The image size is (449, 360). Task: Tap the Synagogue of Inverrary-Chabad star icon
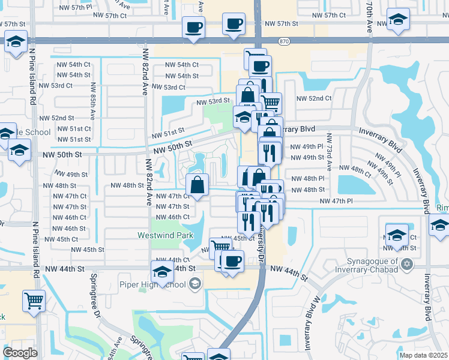click(x=406, y=264)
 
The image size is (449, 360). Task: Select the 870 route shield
click(x=285, y=41)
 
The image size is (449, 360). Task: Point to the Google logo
click(x=20, y=353)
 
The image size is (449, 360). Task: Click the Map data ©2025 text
click(x=424, y=355)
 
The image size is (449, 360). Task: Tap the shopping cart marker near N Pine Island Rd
click(x=34, y=301)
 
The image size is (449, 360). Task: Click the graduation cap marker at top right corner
click(x=398, y=19)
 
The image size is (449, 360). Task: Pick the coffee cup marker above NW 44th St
click(x=232, y=261)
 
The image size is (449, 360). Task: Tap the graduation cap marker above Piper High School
click(x=161, y=271)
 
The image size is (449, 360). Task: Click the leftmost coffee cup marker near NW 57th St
click(x=194, y=27)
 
